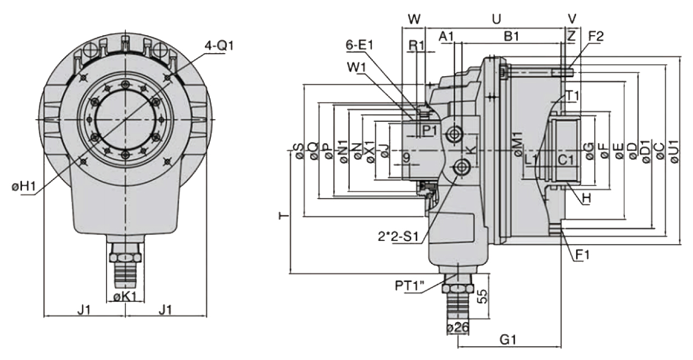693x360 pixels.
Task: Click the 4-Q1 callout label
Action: pos(219,45)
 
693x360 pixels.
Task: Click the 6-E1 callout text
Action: pos(360,45)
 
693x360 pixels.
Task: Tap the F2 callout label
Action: pos(596,37)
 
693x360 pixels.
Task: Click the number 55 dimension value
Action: pos(482,297)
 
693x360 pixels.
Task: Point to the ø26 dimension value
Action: pos(457,328)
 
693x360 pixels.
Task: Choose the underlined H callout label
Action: pos(586,198)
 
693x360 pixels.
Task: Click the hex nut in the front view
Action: pos(125,256)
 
